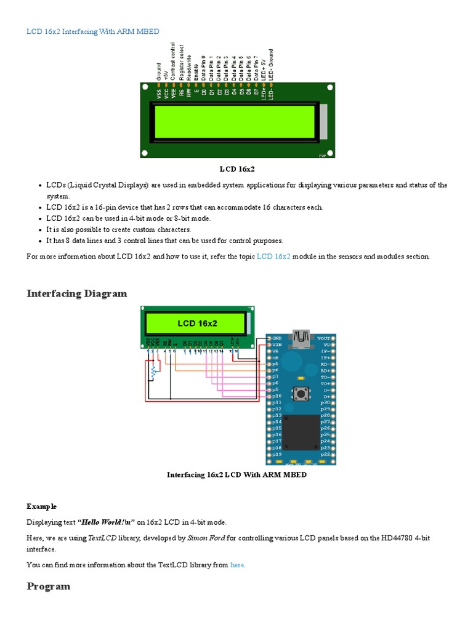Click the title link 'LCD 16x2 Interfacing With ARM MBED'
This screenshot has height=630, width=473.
(92, 31)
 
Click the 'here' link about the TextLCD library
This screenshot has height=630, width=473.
(237, 565)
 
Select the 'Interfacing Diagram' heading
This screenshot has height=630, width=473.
(77, 293)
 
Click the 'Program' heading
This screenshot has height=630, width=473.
(48, 586)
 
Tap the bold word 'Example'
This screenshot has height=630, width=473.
(41, 506)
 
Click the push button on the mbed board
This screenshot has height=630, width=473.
(302, 393)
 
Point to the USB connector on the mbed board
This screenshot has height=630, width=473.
(302, 337)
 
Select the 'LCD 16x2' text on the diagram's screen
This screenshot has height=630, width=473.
(197, 323)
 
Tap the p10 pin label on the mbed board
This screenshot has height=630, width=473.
(277, 396)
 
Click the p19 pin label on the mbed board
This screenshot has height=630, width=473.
(277, 454)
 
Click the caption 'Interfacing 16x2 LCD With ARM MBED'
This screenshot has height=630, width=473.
(236, 475)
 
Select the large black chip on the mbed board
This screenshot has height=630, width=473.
(301, 432)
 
